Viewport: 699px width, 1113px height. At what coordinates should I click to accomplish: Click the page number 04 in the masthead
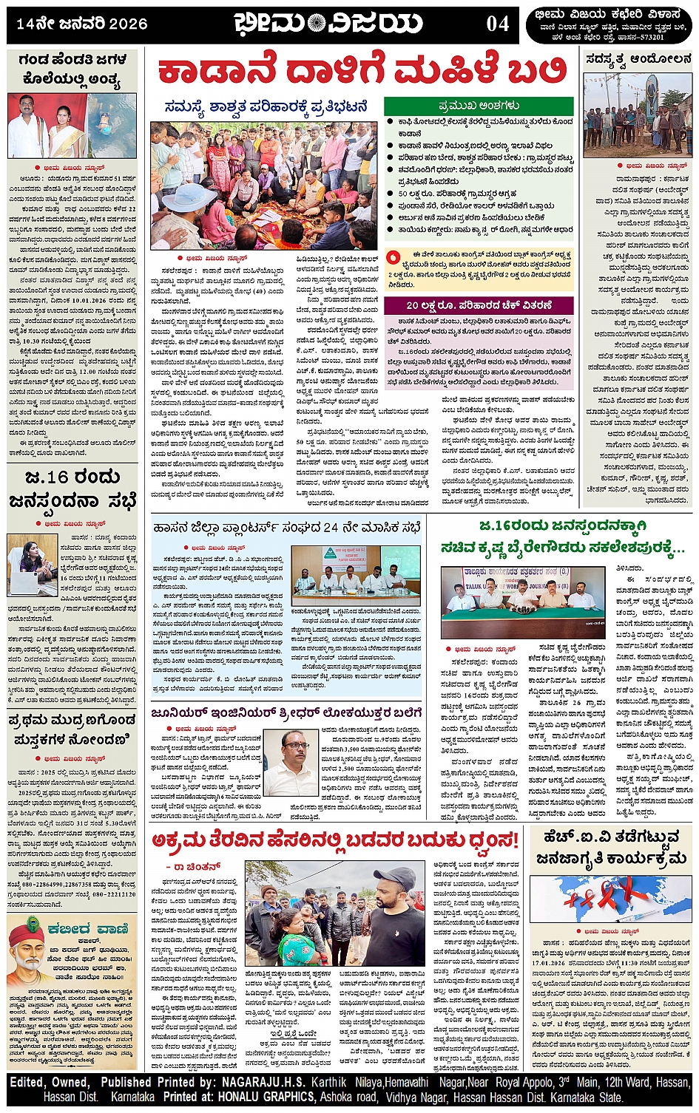tap(498, 24)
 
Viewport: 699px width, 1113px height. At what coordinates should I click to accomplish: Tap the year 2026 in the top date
tap(128, 24)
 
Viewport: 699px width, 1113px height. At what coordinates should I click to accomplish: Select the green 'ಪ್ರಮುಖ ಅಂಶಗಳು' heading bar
tap(479, 106)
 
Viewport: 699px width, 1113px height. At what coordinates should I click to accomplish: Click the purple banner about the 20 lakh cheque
tap(479, 304)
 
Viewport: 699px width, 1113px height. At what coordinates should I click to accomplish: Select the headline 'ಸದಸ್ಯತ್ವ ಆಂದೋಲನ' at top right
tap(638, 59)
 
